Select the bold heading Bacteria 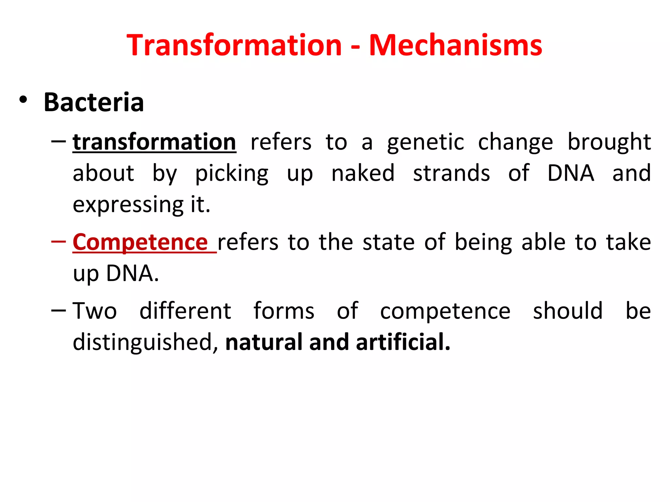coord(94,102)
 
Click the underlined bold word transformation coord(154,142)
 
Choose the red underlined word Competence coord(140,242)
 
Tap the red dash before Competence coord(59,242)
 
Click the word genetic coord(425,143)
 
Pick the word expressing coord(128,205)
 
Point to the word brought coord(609,142)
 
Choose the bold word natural coord(264,342)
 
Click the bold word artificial coord(403,342)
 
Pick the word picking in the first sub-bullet coord(232,174)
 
